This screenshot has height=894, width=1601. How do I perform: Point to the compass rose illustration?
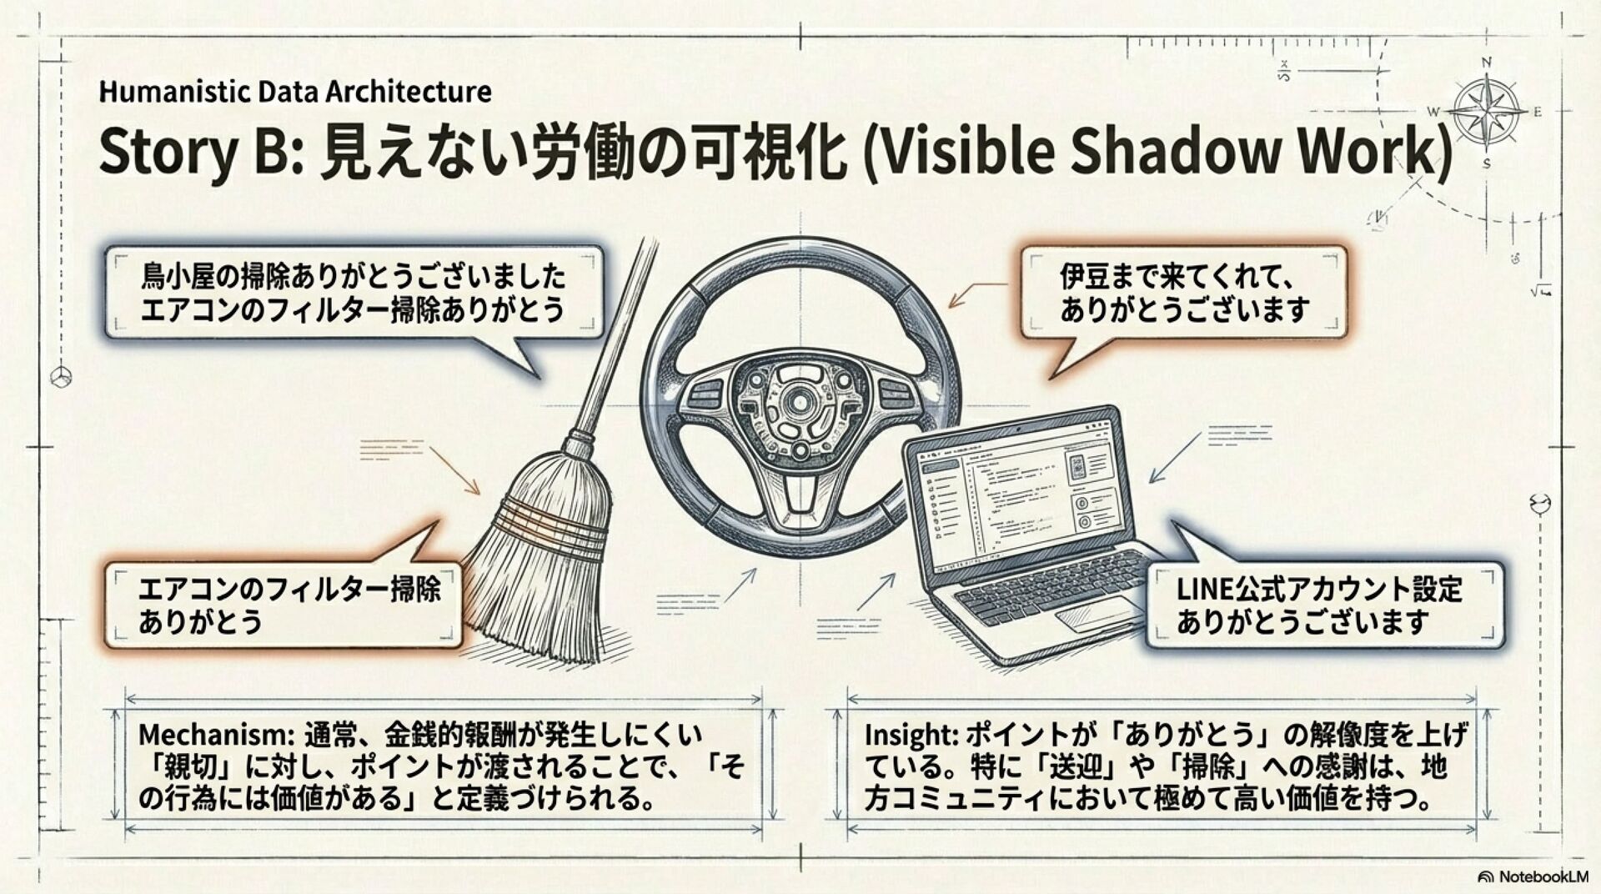[x=1485, y=112]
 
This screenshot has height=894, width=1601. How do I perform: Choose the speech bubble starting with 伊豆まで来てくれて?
[x=1183, y=293]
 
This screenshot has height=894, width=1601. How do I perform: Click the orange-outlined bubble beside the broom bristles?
[x=284, y=605]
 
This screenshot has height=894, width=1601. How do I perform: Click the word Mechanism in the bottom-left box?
[x=213, y=735]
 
